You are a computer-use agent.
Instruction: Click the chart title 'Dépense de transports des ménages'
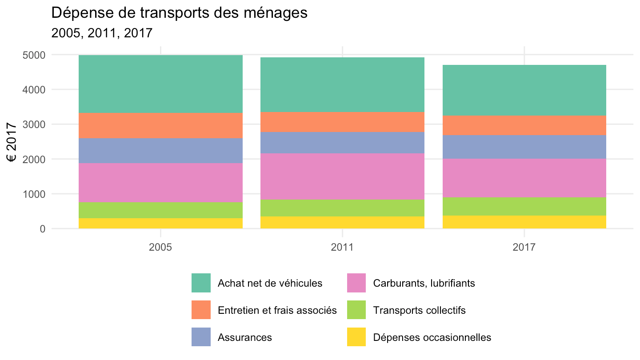coord(179,13)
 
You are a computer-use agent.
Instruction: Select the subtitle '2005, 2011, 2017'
coord(102,33)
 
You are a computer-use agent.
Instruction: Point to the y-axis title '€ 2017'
coord(12,142)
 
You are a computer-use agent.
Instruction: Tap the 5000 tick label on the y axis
coord(34,55)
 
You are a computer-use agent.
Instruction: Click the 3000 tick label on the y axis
coord(34,124)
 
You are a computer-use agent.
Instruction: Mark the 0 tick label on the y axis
coord(43,229)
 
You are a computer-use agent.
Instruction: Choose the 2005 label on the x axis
coord(160,247)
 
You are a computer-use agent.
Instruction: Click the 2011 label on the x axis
coord(342,247)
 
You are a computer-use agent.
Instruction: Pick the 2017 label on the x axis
coord(524,247)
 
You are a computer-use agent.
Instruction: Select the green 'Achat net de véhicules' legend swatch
coord(201,283)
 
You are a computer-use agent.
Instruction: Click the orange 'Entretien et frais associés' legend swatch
coord(201,310)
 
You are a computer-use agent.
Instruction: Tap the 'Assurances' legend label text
coord(245,337)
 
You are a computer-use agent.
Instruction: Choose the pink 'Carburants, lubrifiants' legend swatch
coord(356,283)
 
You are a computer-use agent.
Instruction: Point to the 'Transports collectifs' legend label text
coord(420,310)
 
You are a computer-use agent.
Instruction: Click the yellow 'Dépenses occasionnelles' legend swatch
coord(356,337)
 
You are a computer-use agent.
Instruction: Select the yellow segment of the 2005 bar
coord(160,224)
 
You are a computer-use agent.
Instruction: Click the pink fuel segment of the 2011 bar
coord(342,176)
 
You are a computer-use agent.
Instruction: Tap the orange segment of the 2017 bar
coord(524,125)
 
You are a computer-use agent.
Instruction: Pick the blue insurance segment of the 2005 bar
coord(160,151)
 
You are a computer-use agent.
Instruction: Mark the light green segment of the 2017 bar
coord(524,206)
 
